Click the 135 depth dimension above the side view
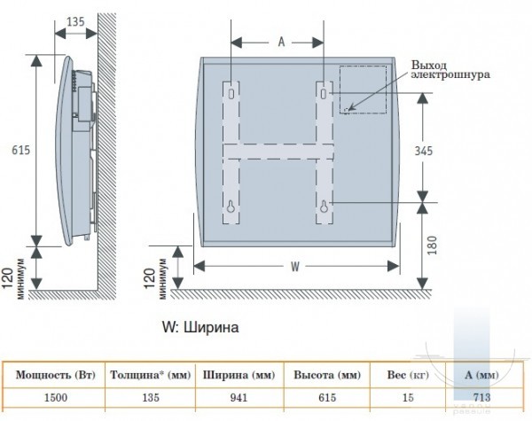[x=75, y=21]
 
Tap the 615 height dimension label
[x=21, y=150]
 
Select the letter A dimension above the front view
[x=281, y=42]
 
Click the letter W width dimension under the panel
[x=295, y=267]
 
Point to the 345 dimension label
[x=424, y=151]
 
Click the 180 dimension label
[x=431, y=246]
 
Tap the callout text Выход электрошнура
[x=450, y=69]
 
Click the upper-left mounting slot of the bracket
[x=231, y=93]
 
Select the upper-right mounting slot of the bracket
[x=324, y=93]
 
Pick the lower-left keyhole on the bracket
[x=231, y=207]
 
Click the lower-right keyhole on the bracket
[x=325, y=207]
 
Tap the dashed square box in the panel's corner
[x=363, y=90]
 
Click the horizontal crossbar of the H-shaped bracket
[x=278, y=152]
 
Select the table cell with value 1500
[x=56, y=397]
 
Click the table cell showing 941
[x=239, y=397]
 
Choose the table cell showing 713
[x=481, y=397]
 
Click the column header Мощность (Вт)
[x=56, y=375]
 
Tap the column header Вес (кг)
[x=408, y=375]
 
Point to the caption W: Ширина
[x=200, y=327]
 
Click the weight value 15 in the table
[x=408, y=397]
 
